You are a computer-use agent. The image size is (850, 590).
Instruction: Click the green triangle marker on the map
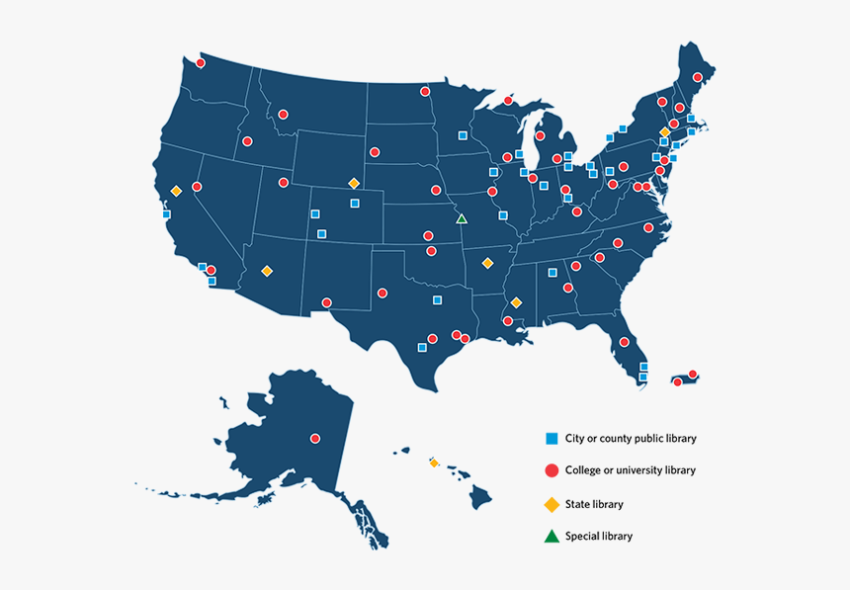461,218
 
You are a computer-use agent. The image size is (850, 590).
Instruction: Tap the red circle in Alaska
315,438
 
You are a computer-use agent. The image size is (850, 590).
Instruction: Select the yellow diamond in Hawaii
433,462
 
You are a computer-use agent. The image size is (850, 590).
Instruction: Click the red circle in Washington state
200,63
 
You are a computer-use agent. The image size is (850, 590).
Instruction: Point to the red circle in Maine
698,77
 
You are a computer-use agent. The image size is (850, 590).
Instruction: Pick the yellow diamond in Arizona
266,271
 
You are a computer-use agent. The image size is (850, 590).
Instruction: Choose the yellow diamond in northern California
176,191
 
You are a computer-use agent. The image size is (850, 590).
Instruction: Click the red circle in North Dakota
425,92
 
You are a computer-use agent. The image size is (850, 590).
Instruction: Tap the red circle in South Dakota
375,152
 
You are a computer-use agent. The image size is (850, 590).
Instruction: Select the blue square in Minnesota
463,134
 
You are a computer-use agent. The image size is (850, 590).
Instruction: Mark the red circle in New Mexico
327,303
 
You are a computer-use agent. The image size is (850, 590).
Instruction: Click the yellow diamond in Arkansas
486,263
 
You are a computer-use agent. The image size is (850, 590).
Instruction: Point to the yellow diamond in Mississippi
516,302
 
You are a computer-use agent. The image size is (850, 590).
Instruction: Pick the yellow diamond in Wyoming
353,183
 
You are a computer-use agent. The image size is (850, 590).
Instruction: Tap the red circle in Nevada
197,187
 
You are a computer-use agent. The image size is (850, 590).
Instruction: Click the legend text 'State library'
594,504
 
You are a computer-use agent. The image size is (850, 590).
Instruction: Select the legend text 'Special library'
598,537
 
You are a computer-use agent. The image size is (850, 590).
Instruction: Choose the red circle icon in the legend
552,470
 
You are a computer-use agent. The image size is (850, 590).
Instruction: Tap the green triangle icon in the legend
552,537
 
